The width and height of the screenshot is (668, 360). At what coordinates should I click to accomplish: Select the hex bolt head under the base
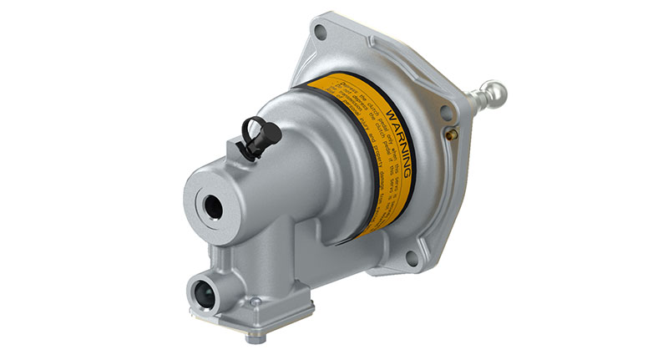[251, 337]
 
